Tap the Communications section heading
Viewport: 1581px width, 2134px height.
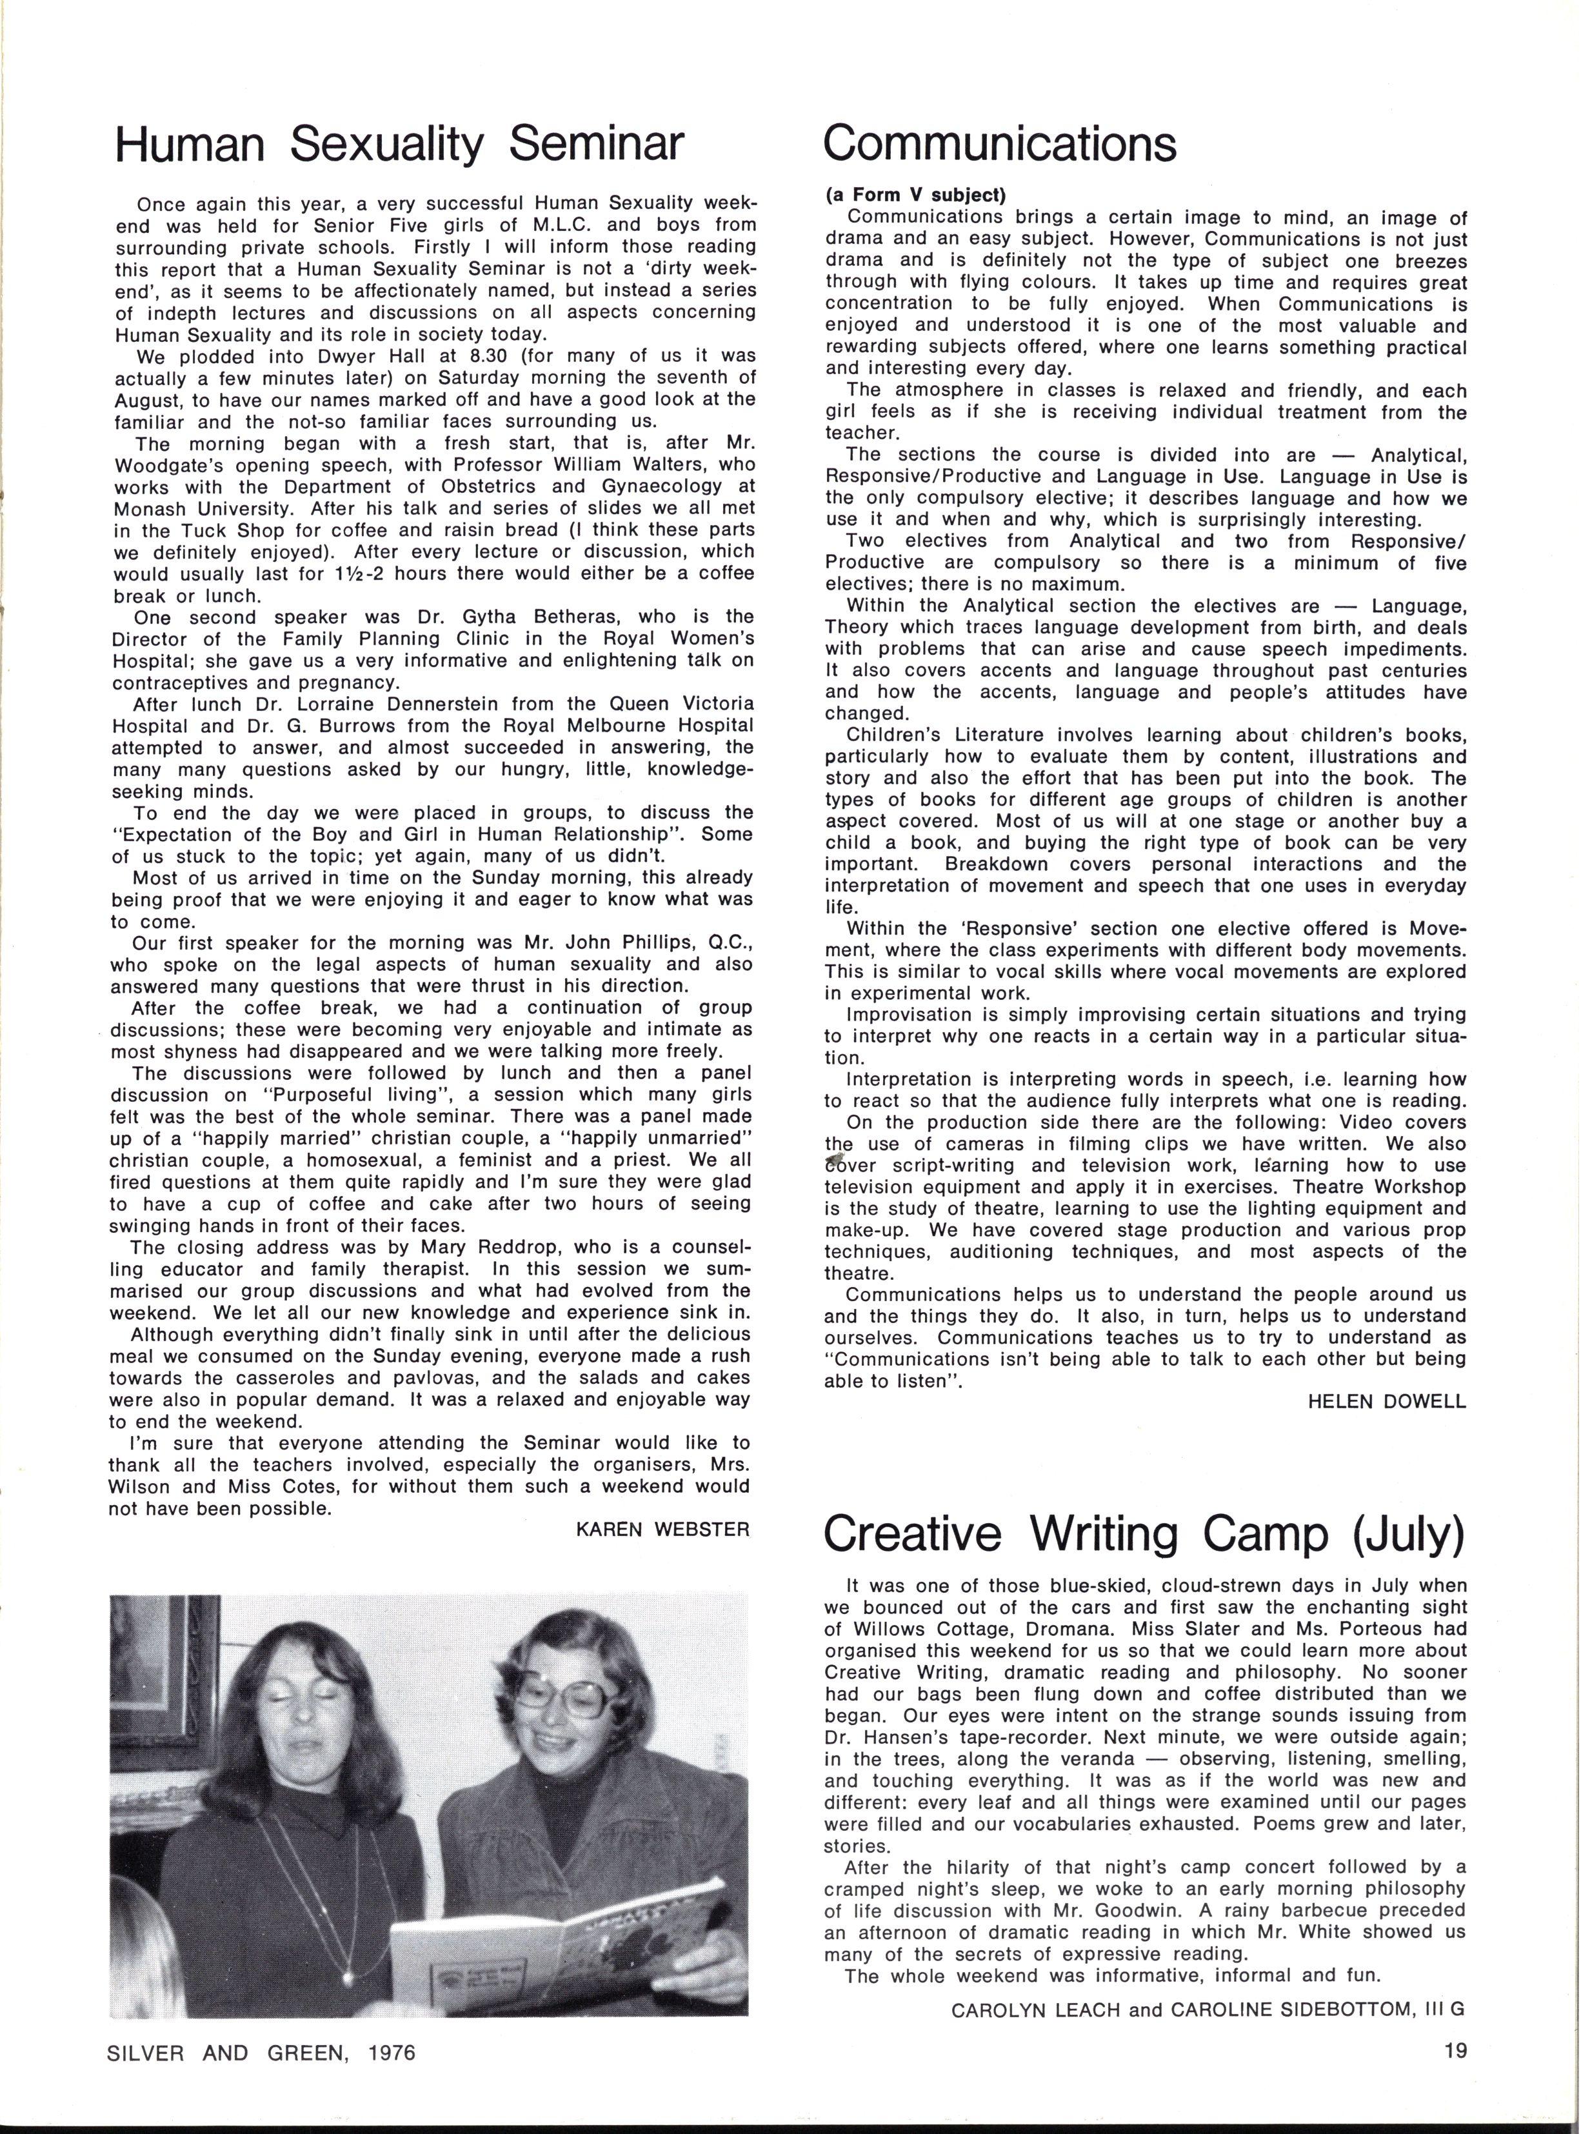[x=999, y=144]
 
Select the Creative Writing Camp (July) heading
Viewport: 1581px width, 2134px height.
[x=1144, y=1534]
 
